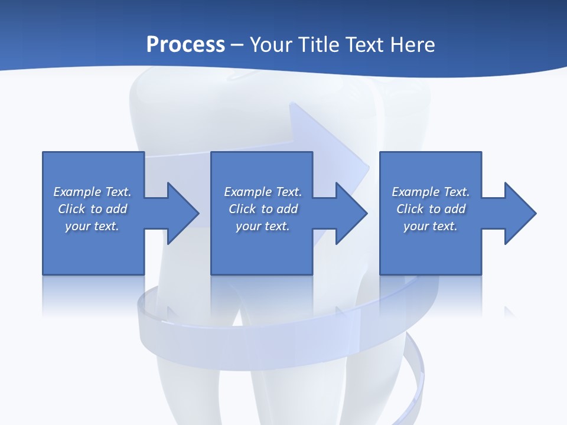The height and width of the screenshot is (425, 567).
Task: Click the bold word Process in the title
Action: (185, 45)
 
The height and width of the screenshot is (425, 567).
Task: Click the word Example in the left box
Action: (77, 192)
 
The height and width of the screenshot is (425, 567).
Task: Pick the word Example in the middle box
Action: (248, 192)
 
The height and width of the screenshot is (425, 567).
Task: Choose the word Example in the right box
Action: (416, 192)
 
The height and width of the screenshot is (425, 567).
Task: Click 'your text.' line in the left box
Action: (92, 226)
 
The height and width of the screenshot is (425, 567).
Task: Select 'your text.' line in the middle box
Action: (263, 226)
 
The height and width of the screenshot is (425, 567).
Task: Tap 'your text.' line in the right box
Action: (431, 226)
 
